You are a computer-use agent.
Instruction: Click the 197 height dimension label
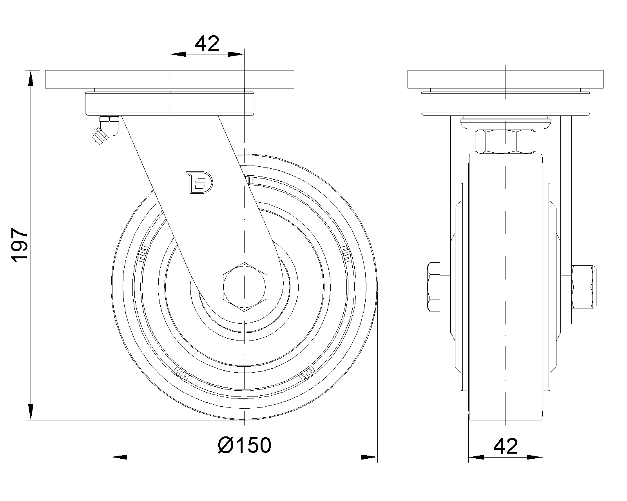click(20, 245)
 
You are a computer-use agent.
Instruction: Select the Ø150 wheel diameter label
click(245, 445)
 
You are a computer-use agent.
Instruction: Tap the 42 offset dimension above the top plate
click(207, 44)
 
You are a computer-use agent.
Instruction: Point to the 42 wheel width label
click(506, 446)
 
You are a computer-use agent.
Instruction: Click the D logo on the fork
click(199, 182)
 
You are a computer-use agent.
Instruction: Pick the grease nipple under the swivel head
click(106, 130)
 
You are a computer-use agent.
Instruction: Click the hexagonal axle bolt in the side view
click(245, 287)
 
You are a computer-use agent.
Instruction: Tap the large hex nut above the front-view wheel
click(506, 141)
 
